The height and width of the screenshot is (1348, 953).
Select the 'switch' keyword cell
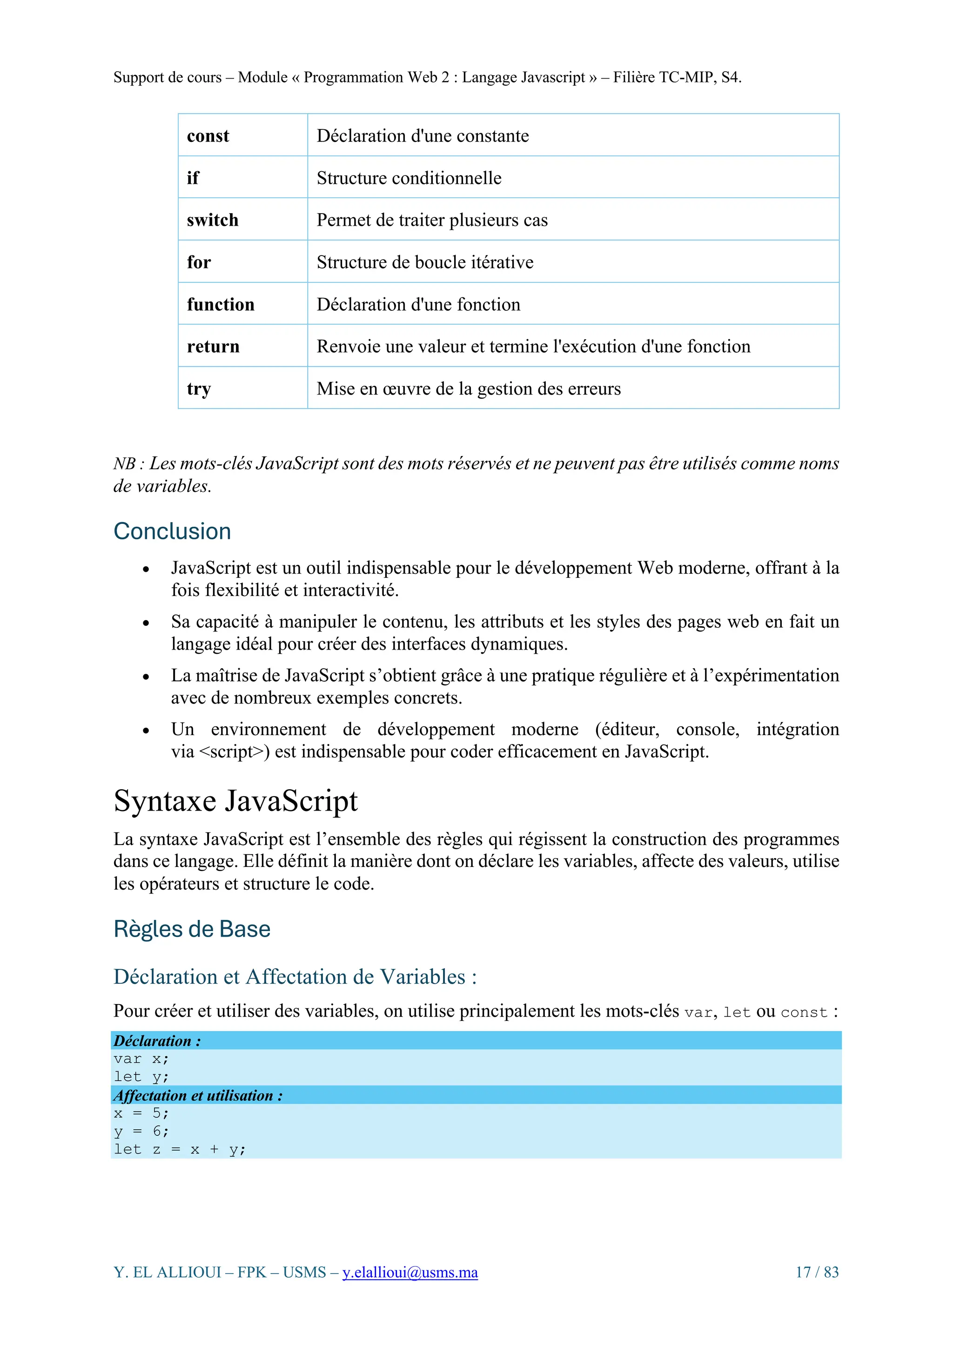[213, 220]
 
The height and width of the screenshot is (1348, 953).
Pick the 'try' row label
[199, 389]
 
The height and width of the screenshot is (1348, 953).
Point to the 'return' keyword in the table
[213, 346]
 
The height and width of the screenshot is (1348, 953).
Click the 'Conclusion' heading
[172, 531]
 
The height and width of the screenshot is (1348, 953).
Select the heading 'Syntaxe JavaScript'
[235, 801]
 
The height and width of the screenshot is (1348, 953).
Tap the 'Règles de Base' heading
[192, 929]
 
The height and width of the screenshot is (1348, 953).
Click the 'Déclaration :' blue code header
[157, 1041]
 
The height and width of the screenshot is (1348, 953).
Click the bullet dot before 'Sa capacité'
[146, 623]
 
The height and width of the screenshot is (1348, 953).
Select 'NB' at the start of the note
[125, 464]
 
